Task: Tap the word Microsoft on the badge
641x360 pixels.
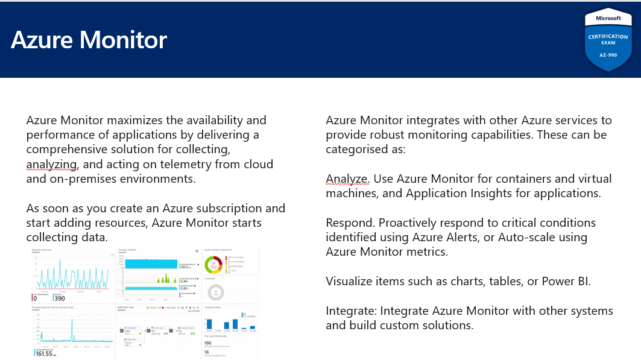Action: coord(608,18)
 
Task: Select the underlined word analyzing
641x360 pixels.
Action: coord(51,163)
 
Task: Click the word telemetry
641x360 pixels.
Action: coord(168,163)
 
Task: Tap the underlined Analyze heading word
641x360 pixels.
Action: coord(346,178)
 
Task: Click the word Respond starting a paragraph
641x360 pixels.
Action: coord(349,223)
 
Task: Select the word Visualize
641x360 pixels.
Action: coord(350,281)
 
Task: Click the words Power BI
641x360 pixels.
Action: coord(558,281)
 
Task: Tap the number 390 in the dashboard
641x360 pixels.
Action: coord(59,298)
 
